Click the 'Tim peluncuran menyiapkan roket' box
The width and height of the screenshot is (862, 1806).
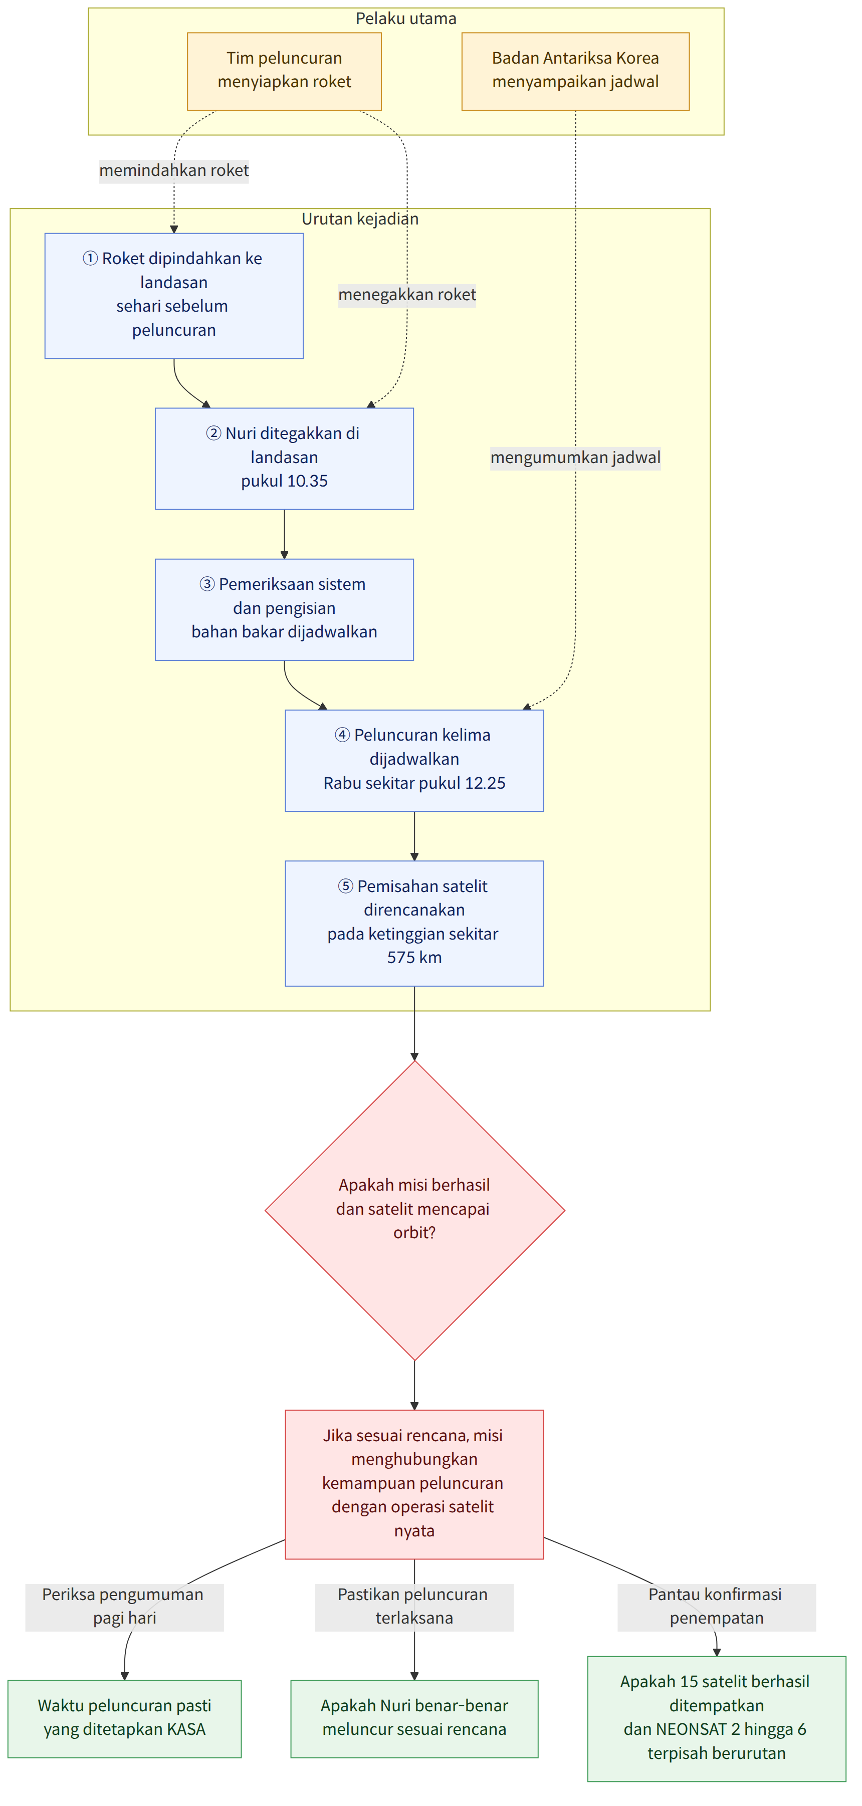coord(284,71)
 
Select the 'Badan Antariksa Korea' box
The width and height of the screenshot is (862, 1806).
coord(575,71)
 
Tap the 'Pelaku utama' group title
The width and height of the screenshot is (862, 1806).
coord(405,18)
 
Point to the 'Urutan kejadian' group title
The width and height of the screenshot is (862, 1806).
coord(360,219)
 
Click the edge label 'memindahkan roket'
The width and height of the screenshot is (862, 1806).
coord(174,170)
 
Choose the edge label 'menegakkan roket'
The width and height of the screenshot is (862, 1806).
coord(407,295)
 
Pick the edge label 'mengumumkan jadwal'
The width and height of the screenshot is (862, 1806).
coord(575,457)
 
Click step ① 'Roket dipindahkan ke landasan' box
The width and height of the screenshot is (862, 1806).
coord(174,295)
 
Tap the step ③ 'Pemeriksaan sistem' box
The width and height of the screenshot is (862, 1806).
coord(284,609)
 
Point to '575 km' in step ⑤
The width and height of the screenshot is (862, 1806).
coord(414,957)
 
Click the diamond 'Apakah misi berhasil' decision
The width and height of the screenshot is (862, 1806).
coord(414,1210)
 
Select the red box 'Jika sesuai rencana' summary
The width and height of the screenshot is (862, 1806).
coord(414,1484)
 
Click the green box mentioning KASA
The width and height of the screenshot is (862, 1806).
coord(124,1718)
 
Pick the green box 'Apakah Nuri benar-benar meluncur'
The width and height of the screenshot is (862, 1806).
coord(414,1718)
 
